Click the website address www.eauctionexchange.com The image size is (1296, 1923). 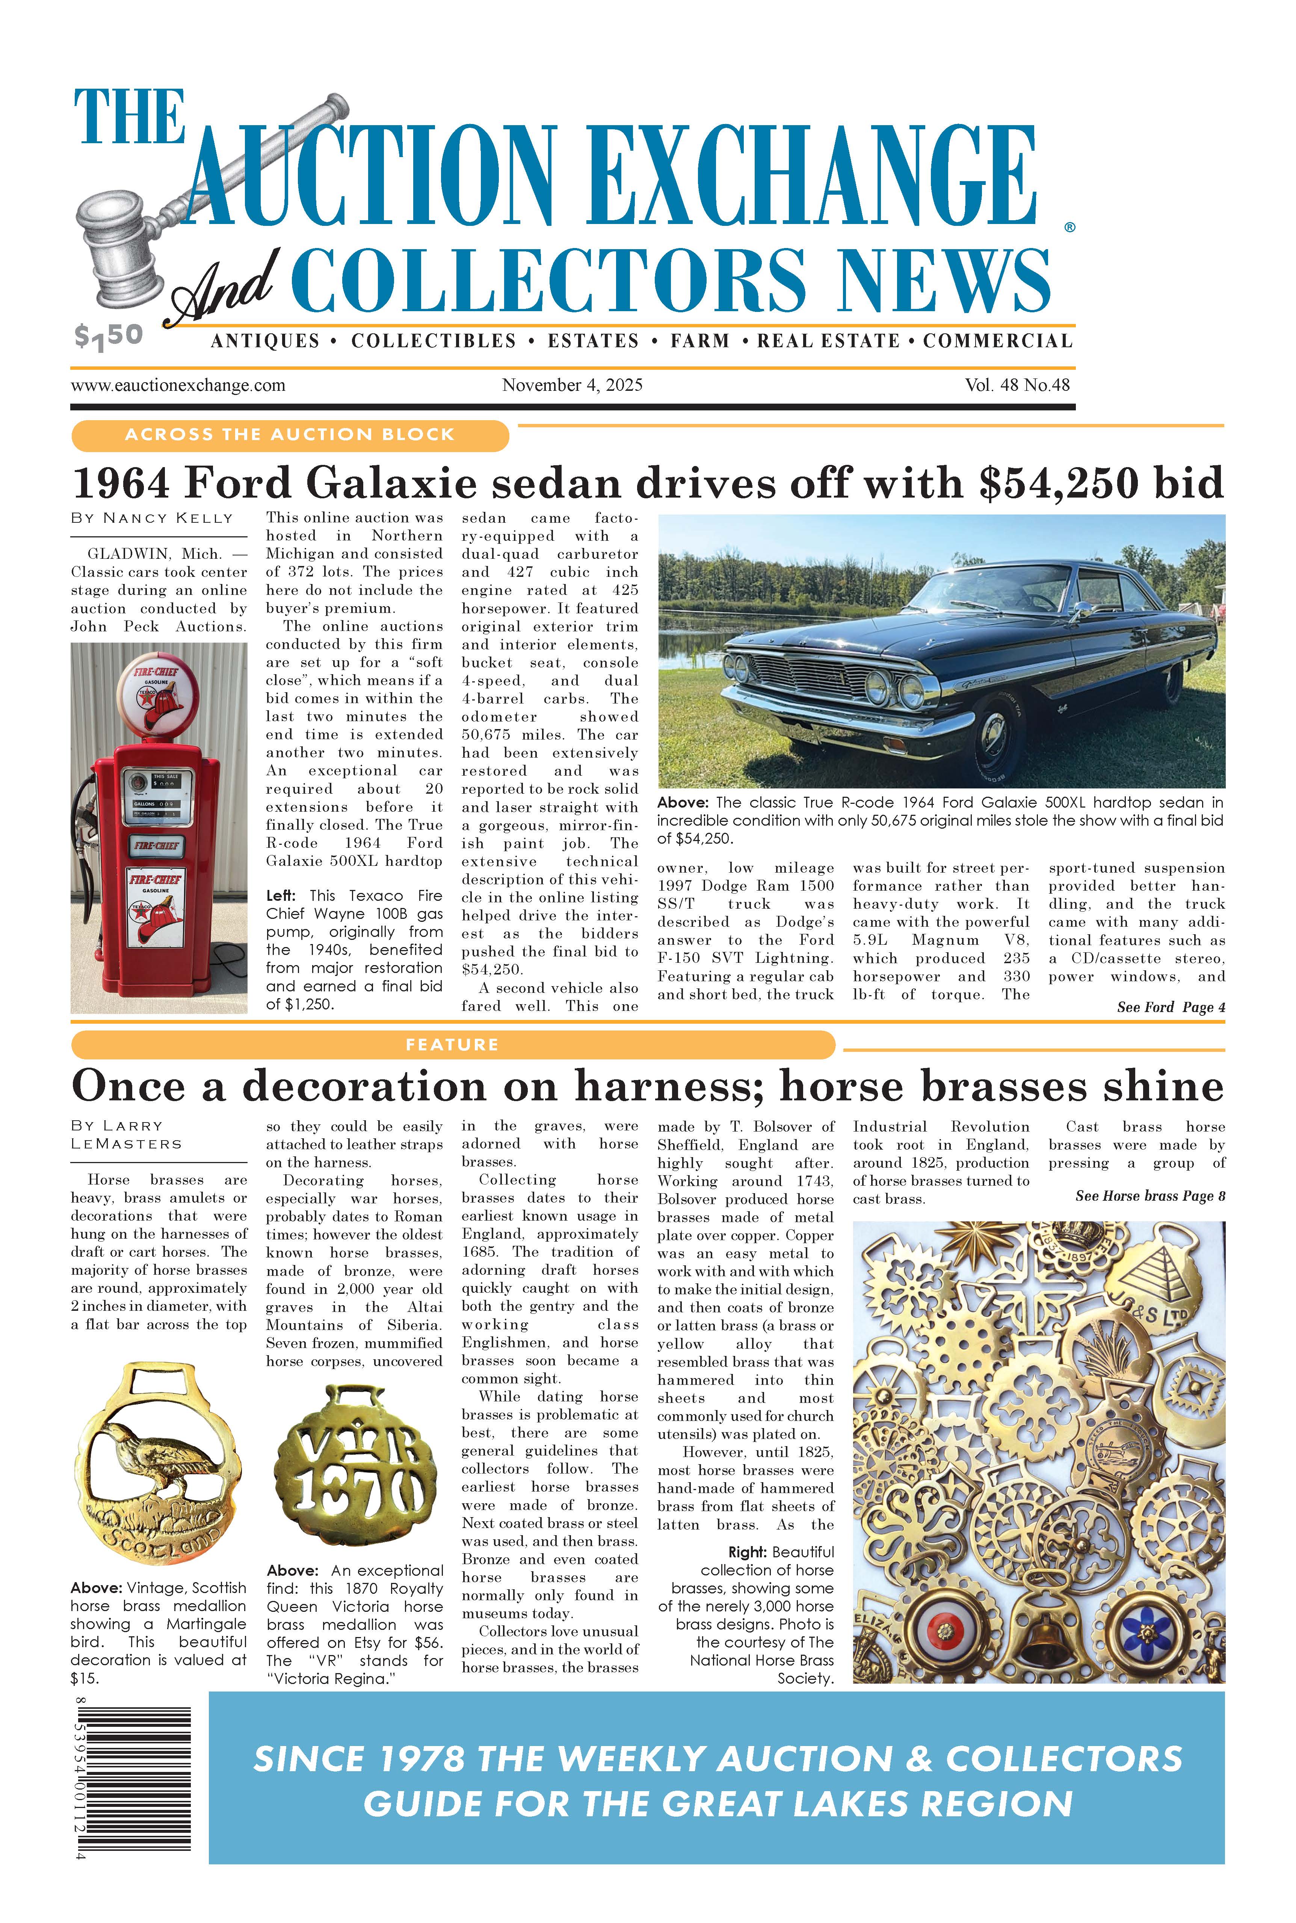[x=178, y=385]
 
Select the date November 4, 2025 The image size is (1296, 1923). [x=572, y=385]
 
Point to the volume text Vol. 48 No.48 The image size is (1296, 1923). [x=1017, y=385]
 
